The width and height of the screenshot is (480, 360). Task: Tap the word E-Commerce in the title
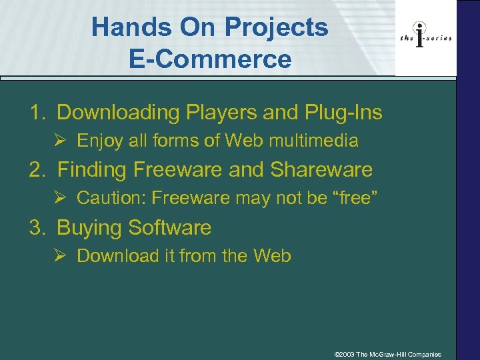(210, 59)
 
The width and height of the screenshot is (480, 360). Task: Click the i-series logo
(426, 37)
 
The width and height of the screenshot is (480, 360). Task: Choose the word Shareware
(321, 170)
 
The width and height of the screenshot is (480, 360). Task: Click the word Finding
(93, 170)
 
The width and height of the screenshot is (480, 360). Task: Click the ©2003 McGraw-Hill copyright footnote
(387, 354)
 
